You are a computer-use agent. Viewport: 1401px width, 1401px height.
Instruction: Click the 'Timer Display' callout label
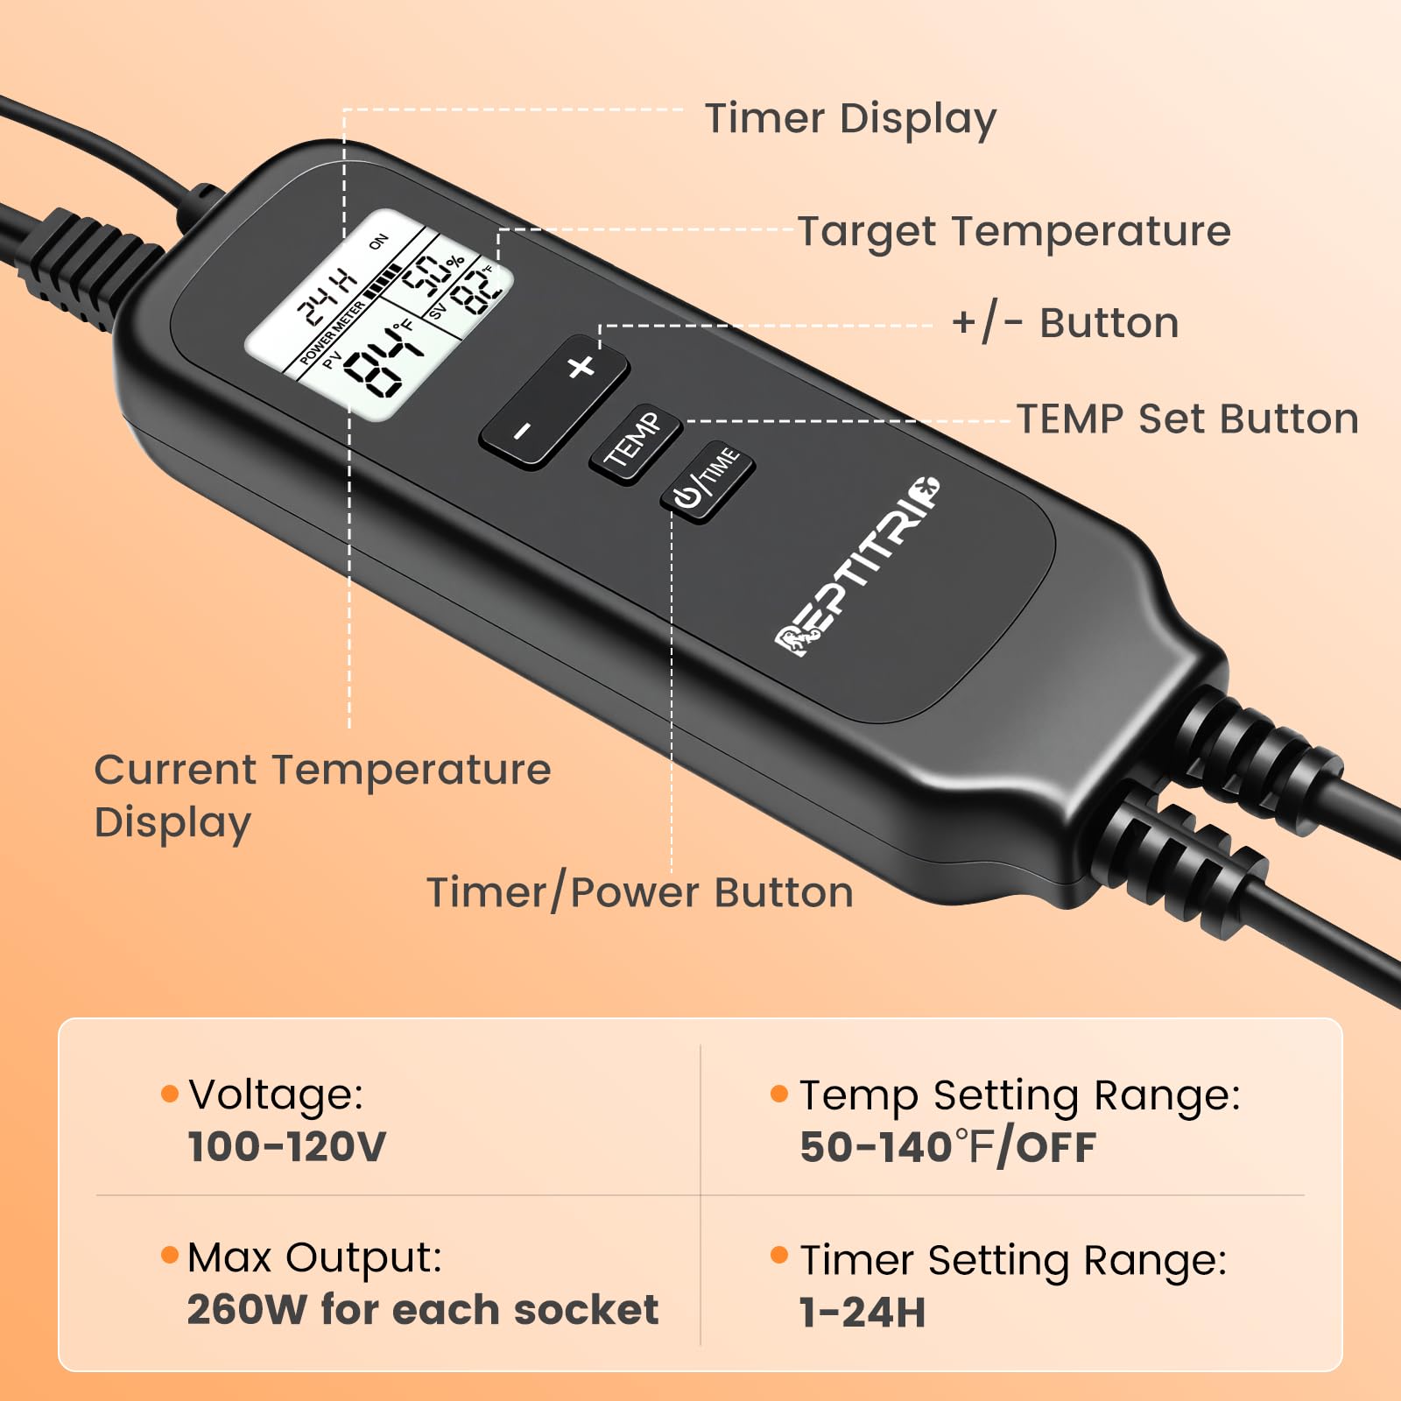pyautogui.click(x=851, y=120)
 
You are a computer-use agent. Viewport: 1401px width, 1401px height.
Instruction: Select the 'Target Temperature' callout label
pyautogui.click(x=1014, y=232)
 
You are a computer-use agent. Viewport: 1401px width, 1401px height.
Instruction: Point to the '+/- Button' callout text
pyautogui.click(x=1066, y=322)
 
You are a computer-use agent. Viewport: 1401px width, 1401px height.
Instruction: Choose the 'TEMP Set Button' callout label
pyautogui.click(x=1187, y=419)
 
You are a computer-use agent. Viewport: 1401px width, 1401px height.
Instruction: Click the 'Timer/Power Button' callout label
pyautogui.click(x=640, y=893)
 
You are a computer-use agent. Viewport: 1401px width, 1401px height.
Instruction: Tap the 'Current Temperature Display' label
pyautogui.click(x=322, y=796)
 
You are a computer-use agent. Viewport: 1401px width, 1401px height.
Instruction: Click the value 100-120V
pyautogui.click(x=287, y=1147)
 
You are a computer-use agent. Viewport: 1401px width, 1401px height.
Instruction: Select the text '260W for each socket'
pyautogui.click(x=423, y=1310)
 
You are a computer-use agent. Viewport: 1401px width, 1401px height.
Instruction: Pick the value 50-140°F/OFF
pyautogui.click(x=947, y=1147)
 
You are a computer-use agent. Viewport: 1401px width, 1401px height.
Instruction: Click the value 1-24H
pyautogui.click(x=862, y=1313)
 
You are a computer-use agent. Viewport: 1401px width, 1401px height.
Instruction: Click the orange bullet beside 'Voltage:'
pyautogui.click(x=170, y=1094)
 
